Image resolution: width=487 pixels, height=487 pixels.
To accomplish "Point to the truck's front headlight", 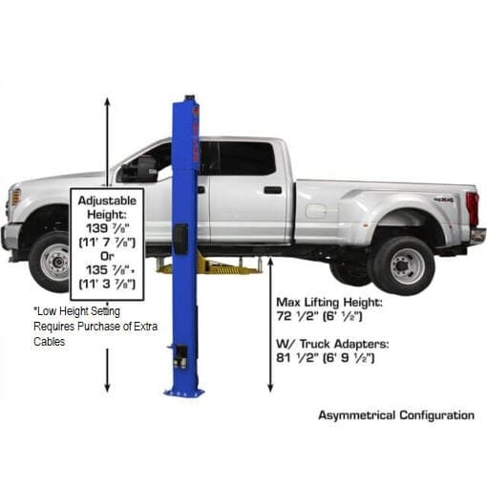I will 14,198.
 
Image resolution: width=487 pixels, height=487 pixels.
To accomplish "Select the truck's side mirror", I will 129,173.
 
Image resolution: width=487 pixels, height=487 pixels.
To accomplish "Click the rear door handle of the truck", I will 273,189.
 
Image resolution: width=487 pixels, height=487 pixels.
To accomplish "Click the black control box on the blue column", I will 180,238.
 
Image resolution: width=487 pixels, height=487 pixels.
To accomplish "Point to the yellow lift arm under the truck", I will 224,266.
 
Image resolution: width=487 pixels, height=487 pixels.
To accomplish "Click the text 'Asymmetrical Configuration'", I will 396,415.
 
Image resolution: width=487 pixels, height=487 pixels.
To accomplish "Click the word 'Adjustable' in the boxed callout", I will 107,203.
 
